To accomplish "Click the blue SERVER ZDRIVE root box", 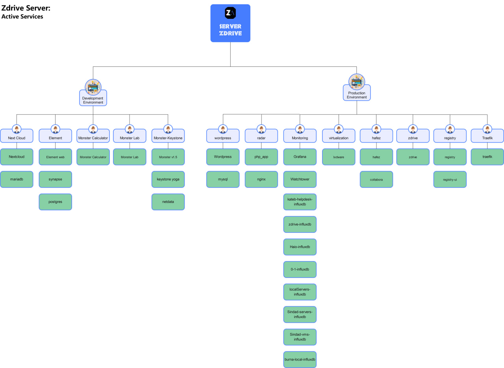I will pos(230,23).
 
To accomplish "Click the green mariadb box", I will pos(17,179).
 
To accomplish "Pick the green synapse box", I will pos(55,179).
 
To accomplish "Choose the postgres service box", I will pos(55,202).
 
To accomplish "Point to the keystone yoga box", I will pos(168,179).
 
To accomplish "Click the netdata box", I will pos(168,202).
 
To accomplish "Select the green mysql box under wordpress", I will pos(223,179).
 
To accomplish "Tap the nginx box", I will pos(261,179).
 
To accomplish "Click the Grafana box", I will pos(300,157).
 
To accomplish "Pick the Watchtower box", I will pos(300,179).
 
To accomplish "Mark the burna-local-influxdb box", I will pos(300,359).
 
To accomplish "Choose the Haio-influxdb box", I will pos(300,247).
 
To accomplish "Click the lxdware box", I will pos(339,157).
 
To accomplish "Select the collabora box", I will pos(376,179).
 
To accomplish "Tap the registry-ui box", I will pos(450,179).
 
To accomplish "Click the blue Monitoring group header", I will pos(300,138).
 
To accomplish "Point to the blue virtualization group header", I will pos(339,138).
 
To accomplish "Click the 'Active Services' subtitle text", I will pos(22,17).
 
